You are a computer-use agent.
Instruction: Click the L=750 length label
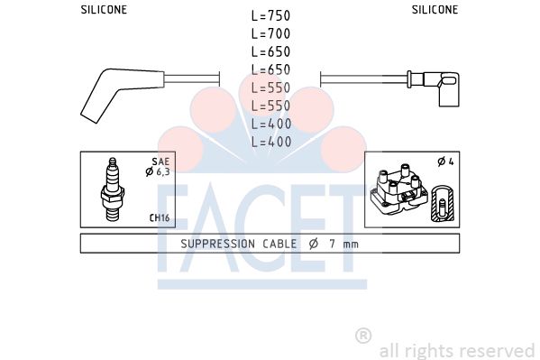click(x=271, y=16)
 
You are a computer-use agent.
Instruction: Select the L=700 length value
click(x=271, y=33)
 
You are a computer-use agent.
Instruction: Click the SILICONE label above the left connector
click(x=104, y=10)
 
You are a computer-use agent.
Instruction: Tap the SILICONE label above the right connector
click(x=435, y=10)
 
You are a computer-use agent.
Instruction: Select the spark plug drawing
click(x=113, y=189)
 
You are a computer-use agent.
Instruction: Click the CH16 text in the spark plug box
click(x=160, y=218)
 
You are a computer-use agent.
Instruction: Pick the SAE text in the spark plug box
click(x=160, y=162)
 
